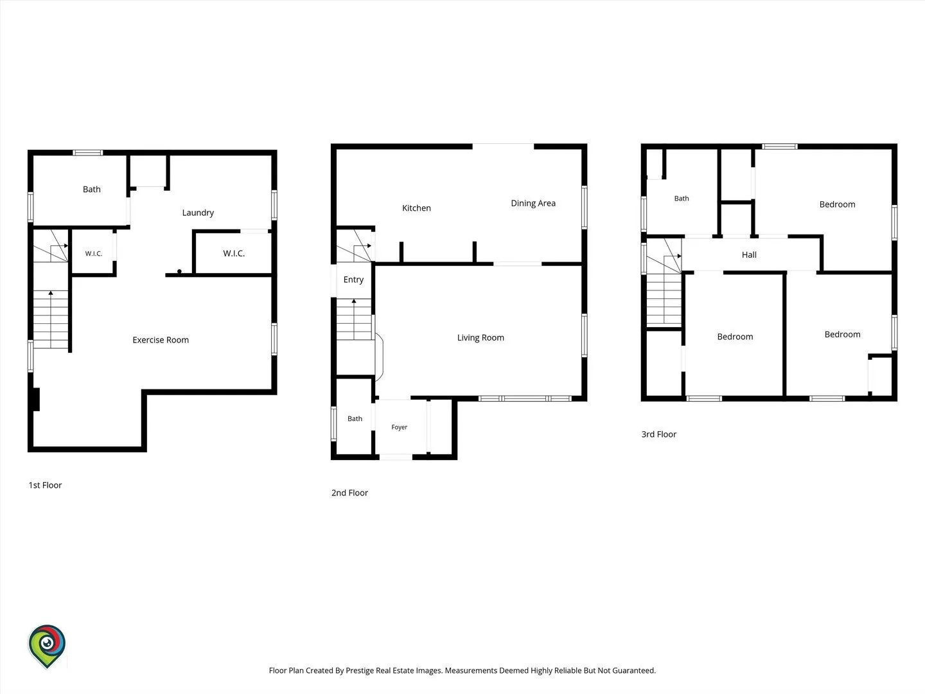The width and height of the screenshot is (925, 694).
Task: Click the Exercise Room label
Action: point(161,340)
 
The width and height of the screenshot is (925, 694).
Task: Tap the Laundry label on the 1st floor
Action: point(198,213)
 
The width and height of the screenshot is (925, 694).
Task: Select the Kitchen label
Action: point(416,208)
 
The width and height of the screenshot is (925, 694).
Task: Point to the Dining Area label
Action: point(533,204)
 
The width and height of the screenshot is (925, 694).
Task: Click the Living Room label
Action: point(480,337)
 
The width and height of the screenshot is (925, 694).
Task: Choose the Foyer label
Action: point(399,427)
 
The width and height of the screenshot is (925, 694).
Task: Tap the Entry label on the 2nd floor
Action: point(353,280)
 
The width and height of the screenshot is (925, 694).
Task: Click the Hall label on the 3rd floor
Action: point(749,255)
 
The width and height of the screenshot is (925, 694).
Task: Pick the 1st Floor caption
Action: point(45,485)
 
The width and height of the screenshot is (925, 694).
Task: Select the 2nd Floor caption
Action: point(349,493)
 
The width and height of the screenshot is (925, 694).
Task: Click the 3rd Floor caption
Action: point(658,434)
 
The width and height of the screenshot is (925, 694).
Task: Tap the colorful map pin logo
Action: point(47,646)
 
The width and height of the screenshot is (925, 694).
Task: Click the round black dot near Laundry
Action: point(179,271)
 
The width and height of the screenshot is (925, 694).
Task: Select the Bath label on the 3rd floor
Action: point(682,199)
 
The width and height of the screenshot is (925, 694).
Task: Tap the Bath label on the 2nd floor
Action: point(355,418)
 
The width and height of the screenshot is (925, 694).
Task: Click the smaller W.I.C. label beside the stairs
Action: point(94,253)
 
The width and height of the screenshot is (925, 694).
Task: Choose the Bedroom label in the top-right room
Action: point(838,204)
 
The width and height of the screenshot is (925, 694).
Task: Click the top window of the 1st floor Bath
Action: point(87,152)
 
